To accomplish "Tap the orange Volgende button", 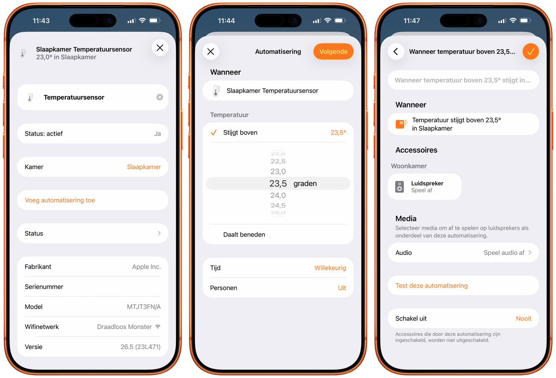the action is [333, 52].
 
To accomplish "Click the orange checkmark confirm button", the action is [530, 52].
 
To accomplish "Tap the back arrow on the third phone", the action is [396, 52].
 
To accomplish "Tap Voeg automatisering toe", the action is [60, 200].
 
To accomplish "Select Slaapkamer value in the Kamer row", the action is [144, 167].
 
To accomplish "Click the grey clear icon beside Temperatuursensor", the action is [160, 97].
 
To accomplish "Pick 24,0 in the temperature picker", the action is [278, 195].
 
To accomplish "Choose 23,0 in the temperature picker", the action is [278, 171].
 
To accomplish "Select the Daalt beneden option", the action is [244, 235].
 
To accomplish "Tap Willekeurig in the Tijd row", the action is [330, 268].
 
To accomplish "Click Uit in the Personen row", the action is [342, 288].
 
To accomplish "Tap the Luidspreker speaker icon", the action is [399, 187].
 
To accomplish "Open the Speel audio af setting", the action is [504, 253].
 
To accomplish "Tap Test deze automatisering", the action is [431, 285].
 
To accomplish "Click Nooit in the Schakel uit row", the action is [523, 318].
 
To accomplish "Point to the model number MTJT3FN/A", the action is [144, 307].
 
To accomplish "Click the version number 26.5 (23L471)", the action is [140, 347].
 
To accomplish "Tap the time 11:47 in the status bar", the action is [411, 21].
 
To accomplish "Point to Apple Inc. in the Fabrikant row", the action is [146, 267].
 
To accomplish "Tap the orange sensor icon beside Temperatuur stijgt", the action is [401, 124].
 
